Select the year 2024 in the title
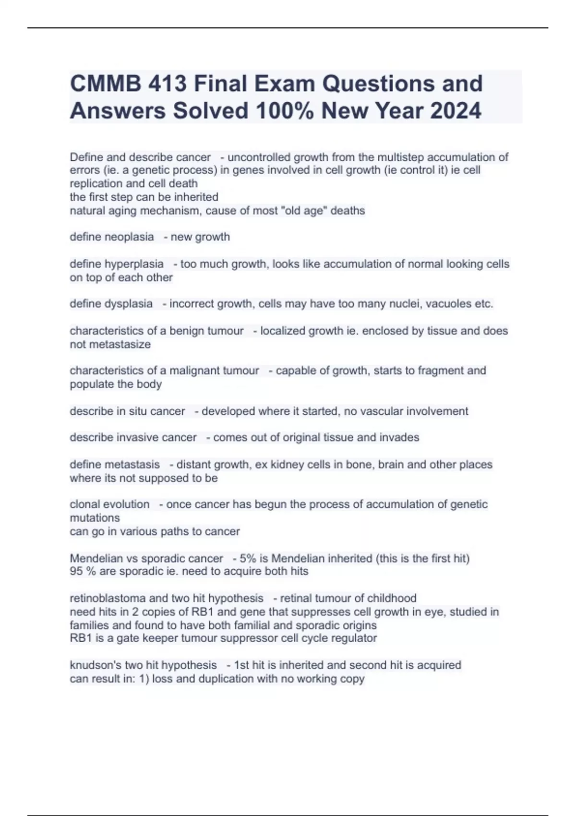(x=456, y=111)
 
